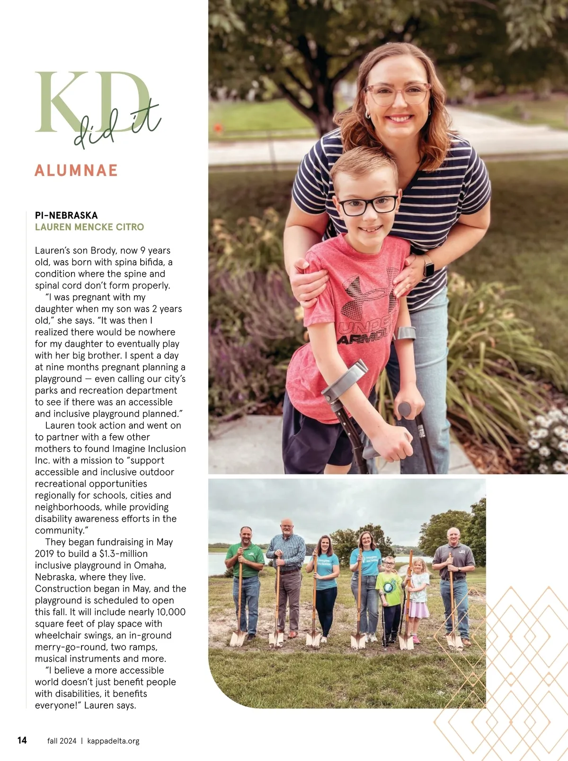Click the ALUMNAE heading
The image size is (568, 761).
pos(76,170)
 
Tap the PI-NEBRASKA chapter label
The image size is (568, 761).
pos(66,215)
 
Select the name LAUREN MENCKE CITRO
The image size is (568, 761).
pos(89,227)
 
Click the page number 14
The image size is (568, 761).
pos(22,740)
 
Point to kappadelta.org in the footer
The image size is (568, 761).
pos(114,741)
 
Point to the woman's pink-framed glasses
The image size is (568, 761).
pos(397,94)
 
